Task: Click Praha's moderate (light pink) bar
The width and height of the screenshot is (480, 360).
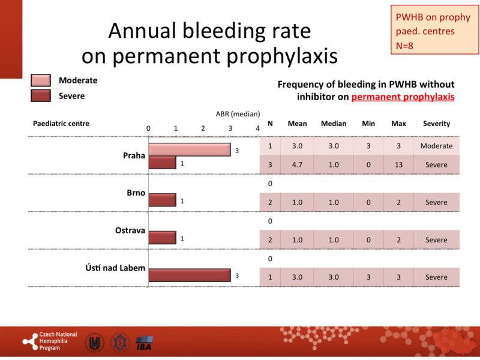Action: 189,150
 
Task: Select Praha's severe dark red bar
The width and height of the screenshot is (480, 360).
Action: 162,163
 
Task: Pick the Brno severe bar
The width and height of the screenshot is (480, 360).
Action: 162,200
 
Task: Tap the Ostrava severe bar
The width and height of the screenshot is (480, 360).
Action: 162,238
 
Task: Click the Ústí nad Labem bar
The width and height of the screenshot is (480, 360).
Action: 189,275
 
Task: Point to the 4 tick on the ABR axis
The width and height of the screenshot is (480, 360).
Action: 257,128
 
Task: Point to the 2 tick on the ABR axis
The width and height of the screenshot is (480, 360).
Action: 203,128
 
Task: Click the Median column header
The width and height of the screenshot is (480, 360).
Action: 334,124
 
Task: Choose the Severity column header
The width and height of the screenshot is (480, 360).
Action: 436,124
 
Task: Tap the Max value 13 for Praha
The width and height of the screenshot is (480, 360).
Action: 398,165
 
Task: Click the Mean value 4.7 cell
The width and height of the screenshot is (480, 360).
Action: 297,165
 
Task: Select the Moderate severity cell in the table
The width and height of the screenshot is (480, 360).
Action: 436,146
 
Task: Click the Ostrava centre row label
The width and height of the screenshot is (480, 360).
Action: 130,230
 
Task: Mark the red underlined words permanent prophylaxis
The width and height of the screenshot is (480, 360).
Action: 403,97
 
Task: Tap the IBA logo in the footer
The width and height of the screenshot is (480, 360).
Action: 144,344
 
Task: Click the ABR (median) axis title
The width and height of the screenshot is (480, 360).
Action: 237,114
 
